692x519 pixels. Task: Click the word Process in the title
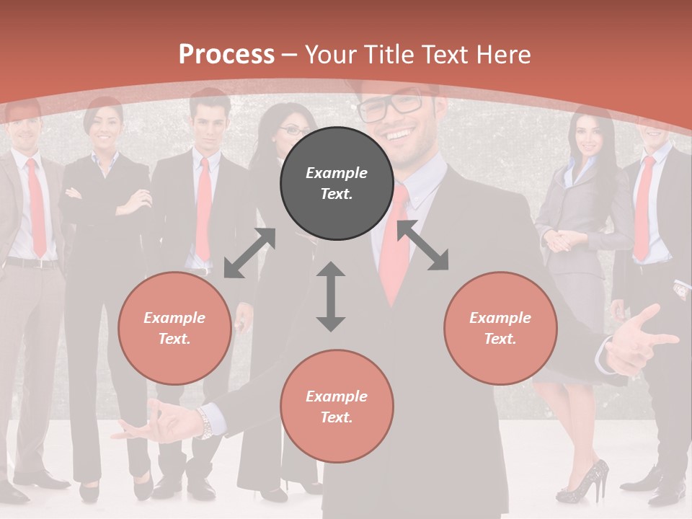click(x=226, y=55)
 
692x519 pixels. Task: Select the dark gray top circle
click(x=337, y=183)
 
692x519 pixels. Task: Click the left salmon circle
click(x=174, y=328)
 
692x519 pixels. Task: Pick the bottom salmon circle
click(x=337, y=407)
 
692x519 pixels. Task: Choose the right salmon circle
click(x=500, y=328)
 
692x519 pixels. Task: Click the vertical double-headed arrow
click(x=331, y=296)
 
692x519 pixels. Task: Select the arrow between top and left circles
click(x=249, y=252)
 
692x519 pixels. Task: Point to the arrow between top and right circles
click(x=422, y=245)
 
